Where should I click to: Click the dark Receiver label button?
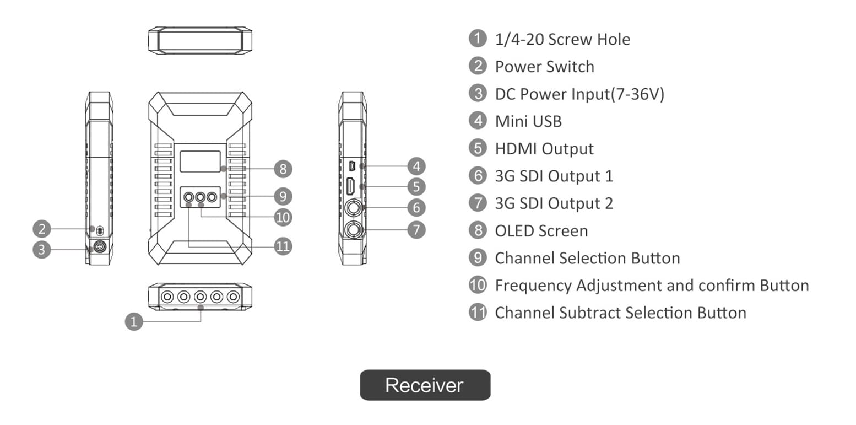pyautogui.click(x=425, y=385)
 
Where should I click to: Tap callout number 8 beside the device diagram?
pyautogui.click(x=283, y=169)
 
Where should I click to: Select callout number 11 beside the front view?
pyautogui.click(x=283, y=246)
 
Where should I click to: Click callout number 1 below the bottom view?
pyautogui.click(x=134, y=321)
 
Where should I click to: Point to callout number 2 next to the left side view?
pyautogui.click(x=42, y=229)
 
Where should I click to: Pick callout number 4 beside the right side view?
pyautogui.click(x=416, y=166)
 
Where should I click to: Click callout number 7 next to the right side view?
pyautogui.click(x=416, y=230)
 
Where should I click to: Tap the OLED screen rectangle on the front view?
pyautogui.click(x=201, y=162)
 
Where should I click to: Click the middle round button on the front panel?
pyautogui.click(x=201, y=197)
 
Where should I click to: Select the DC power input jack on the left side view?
pyautogui.click(x=100, y=247)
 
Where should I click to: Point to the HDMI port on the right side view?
pyautogui.click(x=350, y=186)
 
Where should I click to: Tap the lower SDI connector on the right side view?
pyautogui.click(x=353, y=230)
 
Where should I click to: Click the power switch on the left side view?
pyautogui.click(x=100, y=230)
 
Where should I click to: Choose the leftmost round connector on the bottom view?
pyautogui.click(x=167, y=297)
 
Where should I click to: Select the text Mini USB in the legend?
pyautogui.click(x=528, y=122)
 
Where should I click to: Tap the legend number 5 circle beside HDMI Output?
pyautogui.click(x=478, y=148)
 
